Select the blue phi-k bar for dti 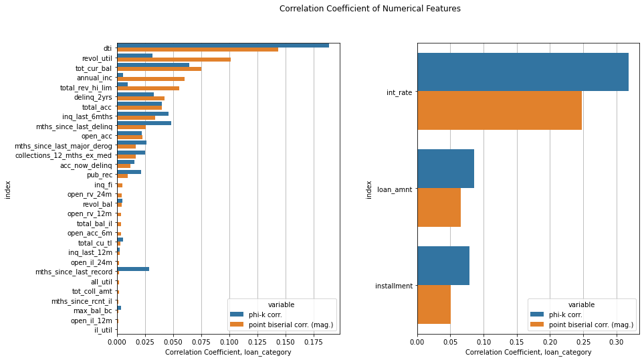(223, 45)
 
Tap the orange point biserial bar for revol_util (174, 59)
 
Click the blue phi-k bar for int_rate (522, 72)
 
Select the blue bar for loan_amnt (445, 169)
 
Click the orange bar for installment (433, 304)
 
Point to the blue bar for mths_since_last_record (133, 269)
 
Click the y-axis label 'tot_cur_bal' (94, 68)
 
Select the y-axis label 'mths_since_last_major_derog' (64, 145)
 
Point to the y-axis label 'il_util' (103, 329)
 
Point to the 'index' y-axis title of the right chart (368, 189)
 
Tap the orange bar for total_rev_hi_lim (148, 88)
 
